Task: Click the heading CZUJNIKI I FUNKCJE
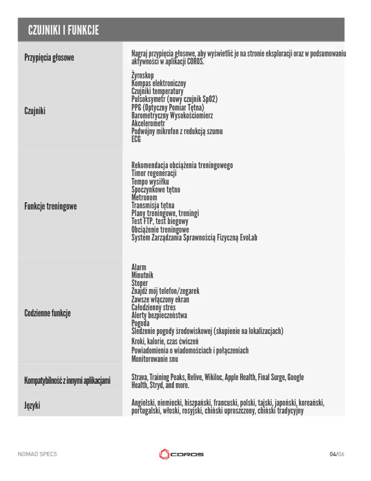64,30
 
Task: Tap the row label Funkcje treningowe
50,206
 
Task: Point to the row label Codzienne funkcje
47,313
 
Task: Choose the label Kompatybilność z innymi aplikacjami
67,381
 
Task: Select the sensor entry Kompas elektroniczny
159,83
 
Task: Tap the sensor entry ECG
136,138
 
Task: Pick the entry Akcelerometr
149,123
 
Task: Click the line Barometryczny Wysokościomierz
172,115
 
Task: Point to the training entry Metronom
144,198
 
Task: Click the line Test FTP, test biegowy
159,222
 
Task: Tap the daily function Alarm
139,267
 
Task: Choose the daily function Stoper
140,283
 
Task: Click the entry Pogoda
141,323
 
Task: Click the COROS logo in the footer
181,454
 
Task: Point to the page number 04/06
336,454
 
